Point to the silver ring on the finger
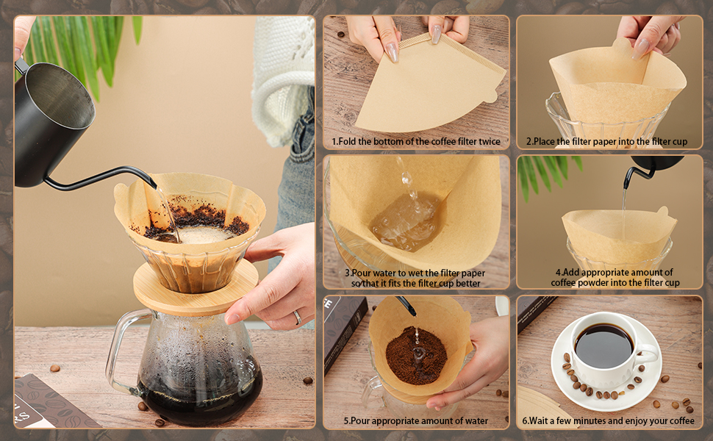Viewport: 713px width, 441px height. click(298, 317)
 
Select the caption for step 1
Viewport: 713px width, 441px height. click(415, 141)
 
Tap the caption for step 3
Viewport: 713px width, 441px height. click(415, 278)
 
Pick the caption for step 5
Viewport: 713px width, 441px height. click(415, 421)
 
